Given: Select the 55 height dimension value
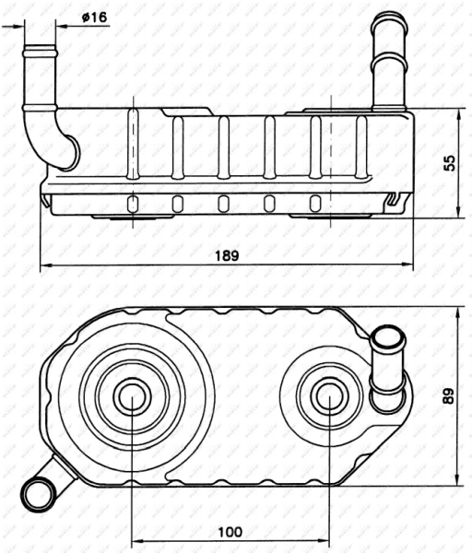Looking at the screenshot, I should click(x=449, y=163).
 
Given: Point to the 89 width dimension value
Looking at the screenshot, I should click(x=449, y=396).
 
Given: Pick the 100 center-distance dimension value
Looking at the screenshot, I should click(x=230, y=531).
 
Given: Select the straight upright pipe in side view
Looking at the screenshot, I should click(x=387, y=65).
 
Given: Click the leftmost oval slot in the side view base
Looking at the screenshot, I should click(x=133, y=204).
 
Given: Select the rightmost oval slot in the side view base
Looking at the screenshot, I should click(x=315, y=204).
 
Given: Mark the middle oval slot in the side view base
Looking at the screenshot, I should click(x=223, y=204).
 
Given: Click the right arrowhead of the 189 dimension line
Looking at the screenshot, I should click(x=407, y=268).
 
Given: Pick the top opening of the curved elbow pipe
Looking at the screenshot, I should click(x=39, y=46).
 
